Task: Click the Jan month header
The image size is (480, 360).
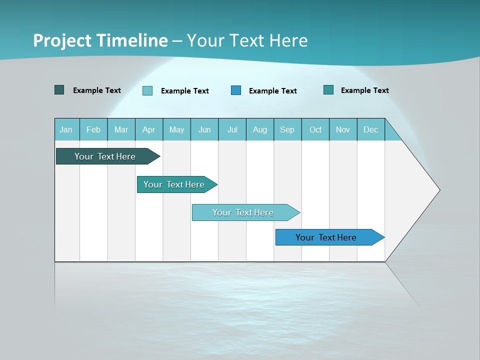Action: coord(66,130)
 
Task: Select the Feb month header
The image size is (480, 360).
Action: coord(93,130)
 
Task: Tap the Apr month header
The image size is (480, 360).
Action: coord(149,130)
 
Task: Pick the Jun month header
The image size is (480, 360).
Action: coord(204,130)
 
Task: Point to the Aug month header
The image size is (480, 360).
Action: coord(260,130)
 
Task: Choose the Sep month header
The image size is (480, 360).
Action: coord(287,130)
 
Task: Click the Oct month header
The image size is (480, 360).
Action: coord(315,130)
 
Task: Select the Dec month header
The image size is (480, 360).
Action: coord(371,130)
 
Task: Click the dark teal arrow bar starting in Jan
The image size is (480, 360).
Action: coord(105,156)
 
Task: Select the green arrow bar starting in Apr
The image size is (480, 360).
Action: coord(174,184)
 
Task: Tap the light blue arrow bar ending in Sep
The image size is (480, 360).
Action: coord(243,212)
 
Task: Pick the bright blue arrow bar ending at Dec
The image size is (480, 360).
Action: coord(326,237)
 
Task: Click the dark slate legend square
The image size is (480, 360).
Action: coord(59,90)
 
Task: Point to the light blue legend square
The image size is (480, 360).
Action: coord(147,90)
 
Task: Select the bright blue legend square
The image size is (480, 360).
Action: coord(236,90)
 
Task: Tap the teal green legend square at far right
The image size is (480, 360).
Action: coord(328,90)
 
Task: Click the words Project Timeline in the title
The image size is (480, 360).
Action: coord(100,40)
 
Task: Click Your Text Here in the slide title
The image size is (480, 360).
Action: coord(247,40)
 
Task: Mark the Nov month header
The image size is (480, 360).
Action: coord(343,130)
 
